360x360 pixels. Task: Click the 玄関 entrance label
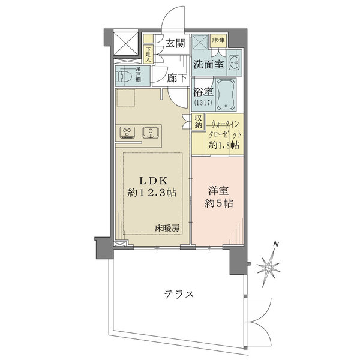(175, 43)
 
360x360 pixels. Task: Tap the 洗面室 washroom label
(209, 64)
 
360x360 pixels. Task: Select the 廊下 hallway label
(178, 77)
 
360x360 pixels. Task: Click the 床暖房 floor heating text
(167, 229)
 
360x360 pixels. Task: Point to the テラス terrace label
(179, 295)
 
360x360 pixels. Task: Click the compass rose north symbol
(271, 264)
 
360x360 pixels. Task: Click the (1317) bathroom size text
(202, 104)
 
